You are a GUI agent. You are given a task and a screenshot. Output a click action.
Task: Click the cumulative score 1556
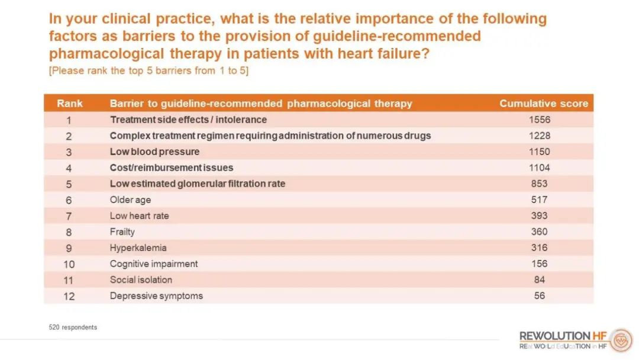coord(540,120)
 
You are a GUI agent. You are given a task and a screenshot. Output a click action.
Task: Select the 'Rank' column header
coord(70,104)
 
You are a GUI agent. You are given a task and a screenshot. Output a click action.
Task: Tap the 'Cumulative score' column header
coord(544,104)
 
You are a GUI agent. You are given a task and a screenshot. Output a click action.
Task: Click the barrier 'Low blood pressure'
coord(155,152)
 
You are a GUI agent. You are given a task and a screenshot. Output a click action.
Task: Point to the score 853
coord(539,184)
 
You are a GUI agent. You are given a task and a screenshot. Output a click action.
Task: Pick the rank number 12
coord(69,297)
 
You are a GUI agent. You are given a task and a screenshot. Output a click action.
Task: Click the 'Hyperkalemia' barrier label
coord(138,248)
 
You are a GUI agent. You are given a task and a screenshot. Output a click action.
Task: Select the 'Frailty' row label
coord(122,232)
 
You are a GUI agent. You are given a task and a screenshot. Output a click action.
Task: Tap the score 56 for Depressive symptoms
coord(539,296)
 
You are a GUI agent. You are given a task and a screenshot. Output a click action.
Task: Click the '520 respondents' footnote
coord(73,327)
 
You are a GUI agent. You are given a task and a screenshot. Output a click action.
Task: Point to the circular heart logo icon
coord(621,340)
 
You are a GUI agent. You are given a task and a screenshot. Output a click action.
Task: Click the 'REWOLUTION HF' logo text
coord(563,336)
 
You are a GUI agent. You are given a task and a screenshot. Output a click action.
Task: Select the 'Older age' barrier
coord(130,200)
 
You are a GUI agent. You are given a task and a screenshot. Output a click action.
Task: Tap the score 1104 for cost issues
coord(540,168)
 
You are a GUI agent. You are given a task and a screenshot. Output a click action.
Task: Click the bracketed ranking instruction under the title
coord(149,70)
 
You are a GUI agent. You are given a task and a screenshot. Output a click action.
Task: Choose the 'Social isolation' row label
coord(141,280)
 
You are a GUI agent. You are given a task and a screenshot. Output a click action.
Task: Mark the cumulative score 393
coord(539,216)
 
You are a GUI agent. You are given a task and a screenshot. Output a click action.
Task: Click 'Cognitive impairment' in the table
coord(154,264)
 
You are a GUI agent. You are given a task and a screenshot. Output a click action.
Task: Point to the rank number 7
coord(69,217)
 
